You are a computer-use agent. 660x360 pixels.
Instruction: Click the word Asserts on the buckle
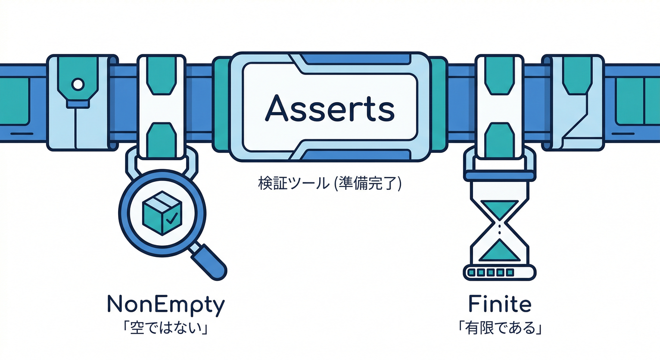tap(330, 108)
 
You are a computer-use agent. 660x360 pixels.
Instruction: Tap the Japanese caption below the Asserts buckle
tap(330, 183)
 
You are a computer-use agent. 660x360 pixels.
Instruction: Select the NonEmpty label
tap(166, 305)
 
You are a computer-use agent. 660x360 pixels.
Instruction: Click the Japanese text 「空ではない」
tap(166, 328)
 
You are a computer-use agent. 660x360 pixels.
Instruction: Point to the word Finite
tap(500, 304)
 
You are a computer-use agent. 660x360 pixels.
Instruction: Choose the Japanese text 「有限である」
tap(500, 328)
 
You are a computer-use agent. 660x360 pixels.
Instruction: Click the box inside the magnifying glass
tap(162, 213)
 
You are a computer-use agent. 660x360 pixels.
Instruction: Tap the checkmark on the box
tap(172, 218)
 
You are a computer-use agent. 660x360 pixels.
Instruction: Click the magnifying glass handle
tap(209, 262)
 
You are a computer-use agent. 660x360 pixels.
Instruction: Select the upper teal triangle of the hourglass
tap(499, 208)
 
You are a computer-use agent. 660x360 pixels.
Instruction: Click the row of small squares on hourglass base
tap(491, 272)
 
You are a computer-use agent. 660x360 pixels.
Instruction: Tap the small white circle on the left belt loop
tap(78, 84)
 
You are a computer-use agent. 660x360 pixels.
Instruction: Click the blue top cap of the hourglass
tap(499, 176)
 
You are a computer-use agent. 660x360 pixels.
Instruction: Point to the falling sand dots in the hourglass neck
tap(499, 229)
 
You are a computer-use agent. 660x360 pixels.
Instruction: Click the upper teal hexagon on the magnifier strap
tap(161, 76)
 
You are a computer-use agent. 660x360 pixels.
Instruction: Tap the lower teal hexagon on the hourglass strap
tap(500, 141)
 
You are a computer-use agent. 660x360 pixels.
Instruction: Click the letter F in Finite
tap(474, 305)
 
